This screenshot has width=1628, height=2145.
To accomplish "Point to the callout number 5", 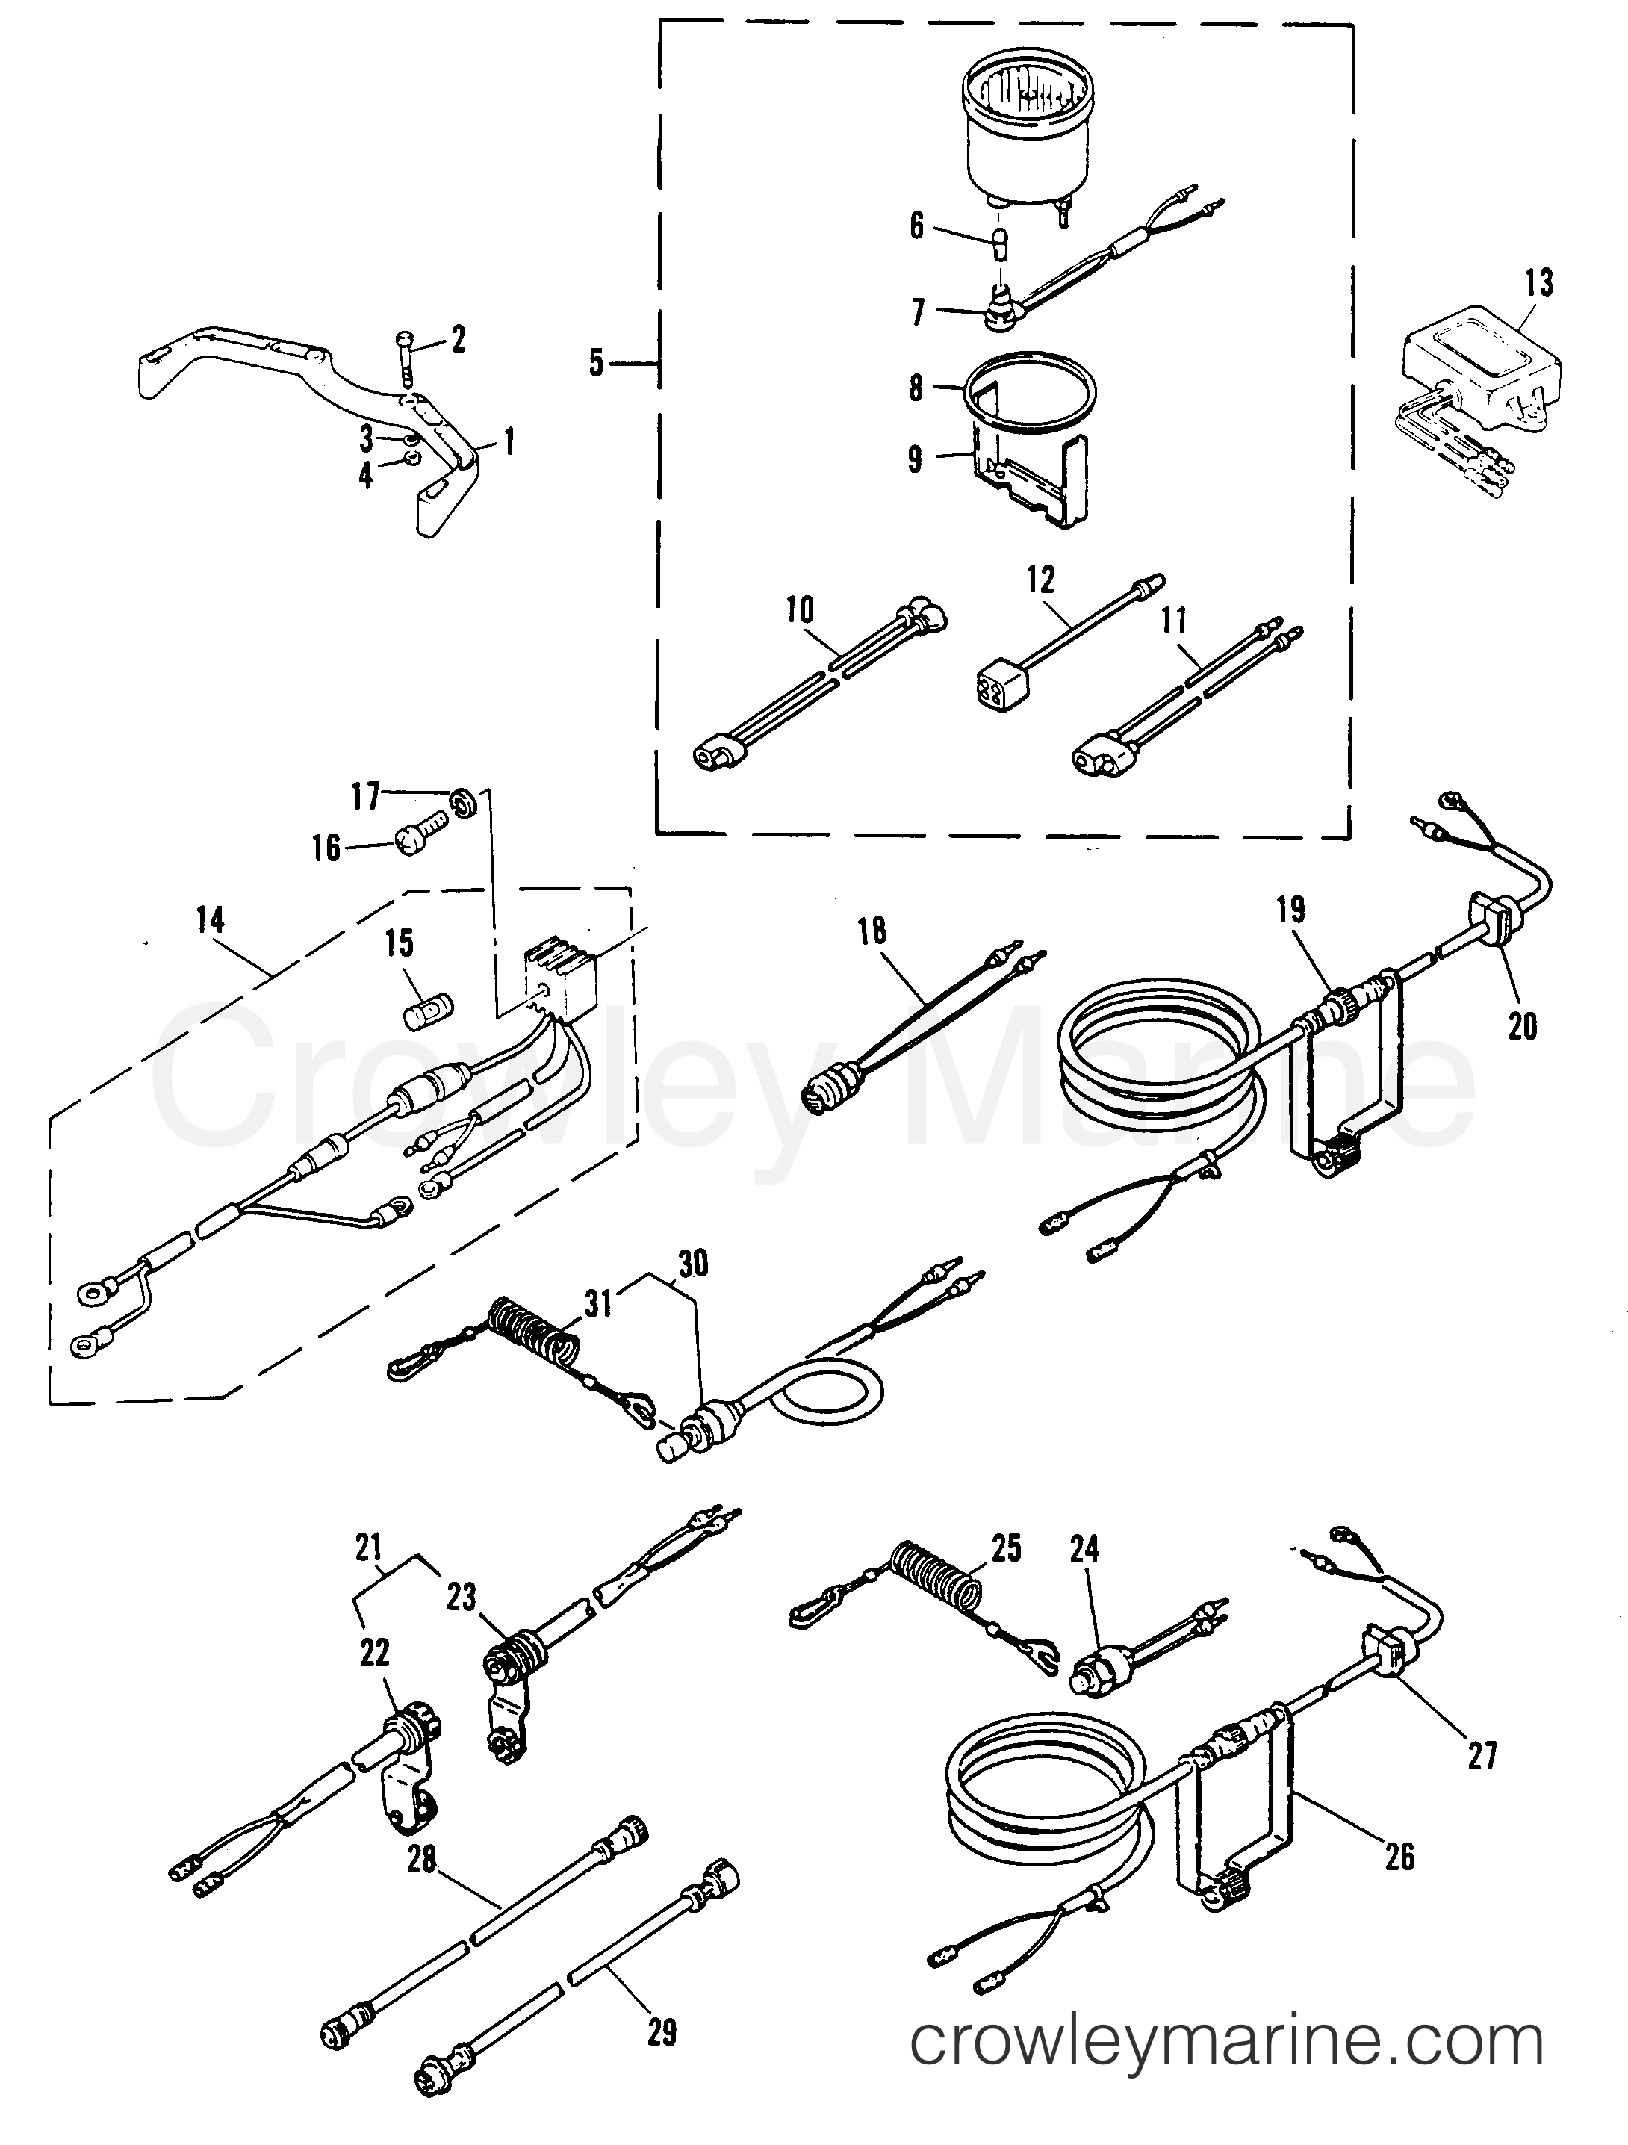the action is point(595,364).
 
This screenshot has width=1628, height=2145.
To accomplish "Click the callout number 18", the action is point(872,931).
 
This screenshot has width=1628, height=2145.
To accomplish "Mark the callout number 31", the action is point(598,1303).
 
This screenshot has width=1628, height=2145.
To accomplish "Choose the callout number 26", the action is point(1400,1857).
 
